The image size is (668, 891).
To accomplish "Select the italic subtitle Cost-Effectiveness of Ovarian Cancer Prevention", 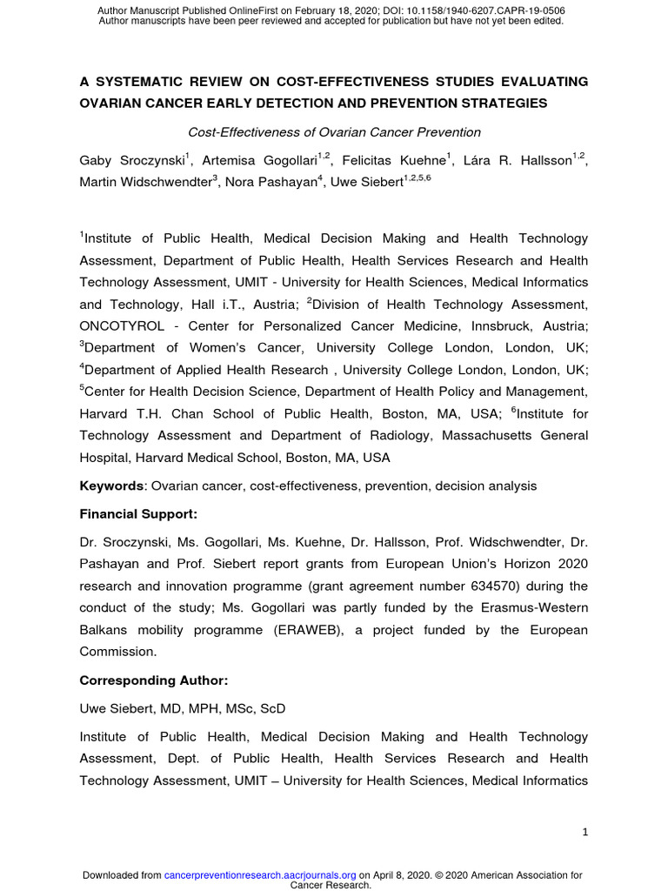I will [x=334, y=132].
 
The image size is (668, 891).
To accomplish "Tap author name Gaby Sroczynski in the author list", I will [x=131, y=160].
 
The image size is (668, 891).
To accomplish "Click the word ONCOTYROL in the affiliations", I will [x=117, y=326].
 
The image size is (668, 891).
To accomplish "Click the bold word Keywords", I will [x=110, y=486].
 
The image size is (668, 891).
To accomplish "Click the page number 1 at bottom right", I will [x=585, y=833].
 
